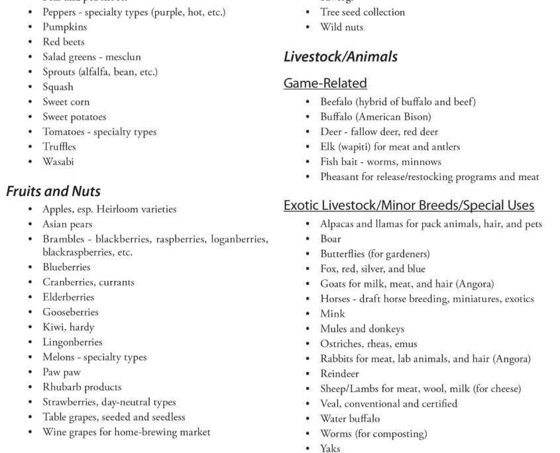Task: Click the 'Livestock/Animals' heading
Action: (341, 57)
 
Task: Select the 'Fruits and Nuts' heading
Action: (54, 191)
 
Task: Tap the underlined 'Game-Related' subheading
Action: (325, 83)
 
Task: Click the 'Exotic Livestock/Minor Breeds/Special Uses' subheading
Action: (409, 205)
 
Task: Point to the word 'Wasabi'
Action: (58, 162)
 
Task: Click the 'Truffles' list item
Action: (59, 146)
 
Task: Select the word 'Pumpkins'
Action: (65, 27)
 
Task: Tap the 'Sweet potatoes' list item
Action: (74, 117)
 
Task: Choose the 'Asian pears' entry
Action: (68, 224)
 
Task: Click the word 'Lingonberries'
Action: (72, 342)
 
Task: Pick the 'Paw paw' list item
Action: (62, 372)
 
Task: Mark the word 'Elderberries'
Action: (68, 297)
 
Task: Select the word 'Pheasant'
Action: (341, 176)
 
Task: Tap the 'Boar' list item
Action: (331, 238)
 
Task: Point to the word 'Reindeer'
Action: (339, 374)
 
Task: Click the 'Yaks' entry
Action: (330, 448)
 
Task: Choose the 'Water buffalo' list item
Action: (350, 419)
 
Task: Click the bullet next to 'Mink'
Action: (308, 314)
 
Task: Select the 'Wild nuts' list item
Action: (341, 27)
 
